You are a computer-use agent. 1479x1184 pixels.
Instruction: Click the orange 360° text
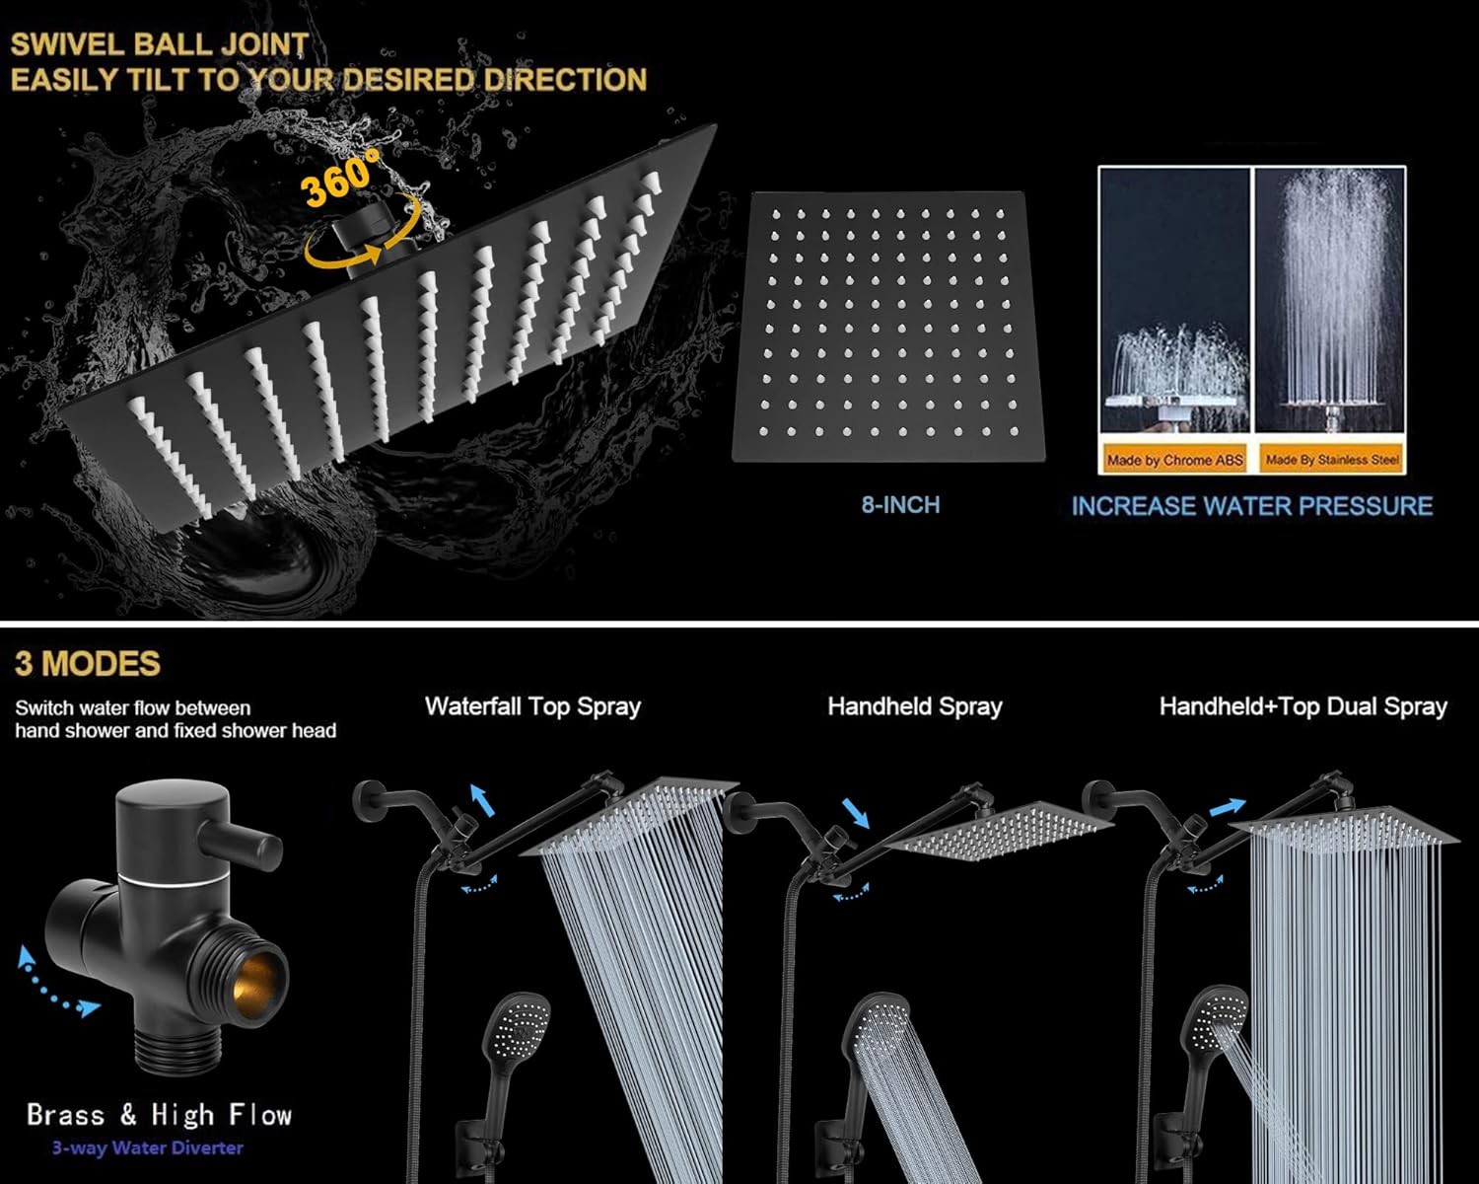click(x=339, y=179)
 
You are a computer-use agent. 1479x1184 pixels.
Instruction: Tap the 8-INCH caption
click(x=900, y=505)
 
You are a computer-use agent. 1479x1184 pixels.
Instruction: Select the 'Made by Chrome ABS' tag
click(x=1174, y=460)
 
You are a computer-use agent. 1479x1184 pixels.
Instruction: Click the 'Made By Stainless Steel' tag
click(x=1332, y=460)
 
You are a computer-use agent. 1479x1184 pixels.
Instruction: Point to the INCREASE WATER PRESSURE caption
click(x=1251, y=506)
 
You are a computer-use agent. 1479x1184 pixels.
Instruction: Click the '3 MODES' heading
click(x=88, y=664)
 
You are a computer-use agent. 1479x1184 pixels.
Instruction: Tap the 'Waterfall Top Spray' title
click(x=532, y=706)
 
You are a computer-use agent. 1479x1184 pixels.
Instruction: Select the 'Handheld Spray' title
click(x=915, y=706)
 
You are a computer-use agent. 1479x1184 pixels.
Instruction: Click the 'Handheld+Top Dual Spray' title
click(x=1303, y=706)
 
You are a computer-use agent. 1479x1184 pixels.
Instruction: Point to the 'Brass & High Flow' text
click(x=160, y=1115)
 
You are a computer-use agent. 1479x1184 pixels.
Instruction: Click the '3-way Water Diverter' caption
click(x=148, y=1147)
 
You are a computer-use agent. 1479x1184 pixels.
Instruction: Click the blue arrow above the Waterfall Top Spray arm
click(x=482, y=800)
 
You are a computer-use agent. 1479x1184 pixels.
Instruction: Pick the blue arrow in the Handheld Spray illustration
click(x=856, y=813)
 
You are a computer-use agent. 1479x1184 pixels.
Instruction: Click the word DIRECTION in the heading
click(x=565, y=80)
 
